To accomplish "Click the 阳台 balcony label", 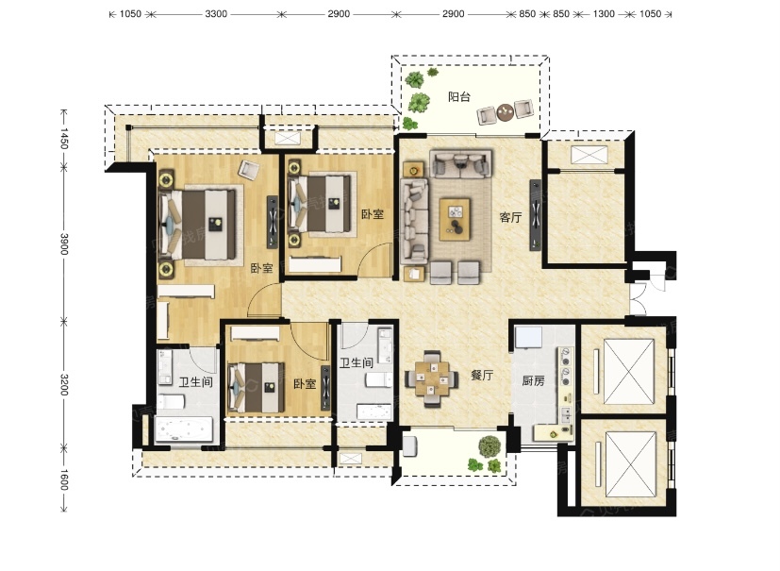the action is click(x=458, y=96).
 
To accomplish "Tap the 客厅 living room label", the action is click(x=511, y=218).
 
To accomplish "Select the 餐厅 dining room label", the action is click(x=482, y=375).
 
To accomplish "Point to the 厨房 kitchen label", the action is click(x=533, y=381).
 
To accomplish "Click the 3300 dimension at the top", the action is click(x=216, y=14).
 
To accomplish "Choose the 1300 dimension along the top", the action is click(x=604, y=14).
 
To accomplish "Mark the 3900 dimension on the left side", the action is click(x=64, y=244).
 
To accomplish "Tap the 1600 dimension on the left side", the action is click(x=64, y=479).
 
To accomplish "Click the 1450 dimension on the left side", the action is click(x=64, y=139).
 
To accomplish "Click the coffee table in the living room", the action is click(x=455, y=220).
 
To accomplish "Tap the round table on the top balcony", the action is click(x=505, y=112).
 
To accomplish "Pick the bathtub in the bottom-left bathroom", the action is click(x=184, y=429).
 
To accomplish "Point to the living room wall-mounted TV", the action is click(x=536, y=214).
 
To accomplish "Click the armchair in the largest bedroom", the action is click(x=248, y=169).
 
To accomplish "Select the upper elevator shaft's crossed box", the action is click(x=629, y=371).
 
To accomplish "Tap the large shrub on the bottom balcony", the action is click(x=490, y=446).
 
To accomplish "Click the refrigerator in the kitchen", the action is click(x=529, y=339).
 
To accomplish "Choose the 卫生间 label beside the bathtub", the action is click(x=195, y=382).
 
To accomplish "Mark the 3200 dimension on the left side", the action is click(x=64, y=384).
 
